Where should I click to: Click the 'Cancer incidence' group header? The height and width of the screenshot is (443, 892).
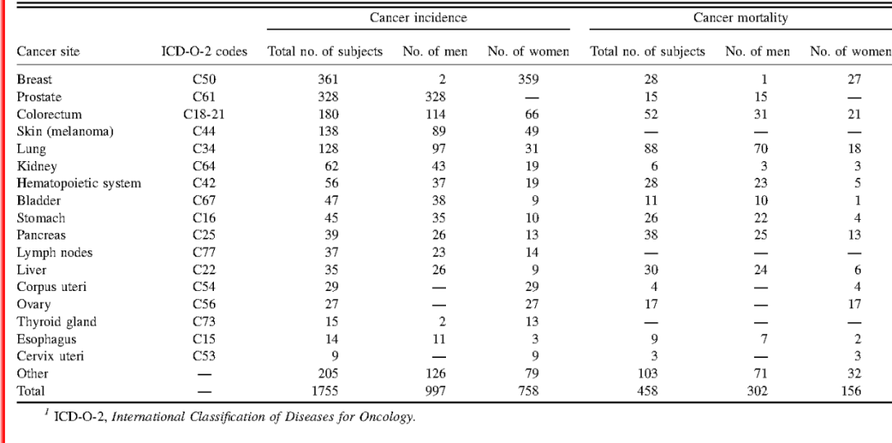418,17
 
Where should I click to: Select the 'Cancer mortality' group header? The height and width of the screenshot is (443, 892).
741,17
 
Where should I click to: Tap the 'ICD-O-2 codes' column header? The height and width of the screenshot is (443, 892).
205,52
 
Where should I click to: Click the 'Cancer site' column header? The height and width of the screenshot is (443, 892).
49,52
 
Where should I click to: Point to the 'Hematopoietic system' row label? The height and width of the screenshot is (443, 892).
78,183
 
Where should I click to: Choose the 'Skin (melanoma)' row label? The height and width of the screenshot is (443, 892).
65,131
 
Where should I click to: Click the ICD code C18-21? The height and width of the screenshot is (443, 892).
204,114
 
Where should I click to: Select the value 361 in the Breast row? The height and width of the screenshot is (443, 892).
328,79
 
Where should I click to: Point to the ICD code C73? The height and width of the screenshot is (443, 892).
204,322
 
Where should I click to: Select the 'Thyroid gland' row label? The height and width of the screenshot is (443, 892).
56,322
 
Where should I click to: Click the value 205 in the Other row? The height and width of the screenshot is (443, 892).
328,374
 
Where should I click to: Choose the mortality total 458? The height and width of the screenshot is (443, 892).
648,391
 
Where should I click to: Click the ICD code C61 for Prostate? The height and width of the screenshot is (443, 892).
204,97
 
